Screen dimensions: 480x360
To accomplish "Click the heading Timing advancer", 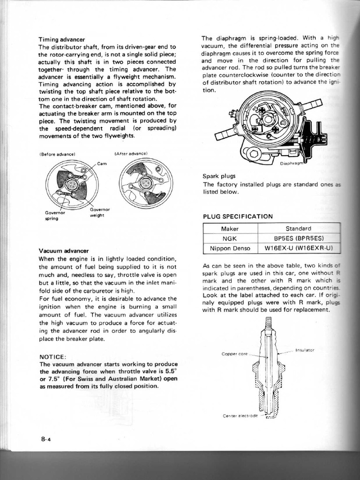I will [62, 39].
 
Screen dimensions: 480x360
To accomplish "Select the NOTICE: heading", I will [53, 357].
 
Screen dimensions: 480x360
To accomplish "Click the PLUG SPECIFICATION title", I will [237, 217].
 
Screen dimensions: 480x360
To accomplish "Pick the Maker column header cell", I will [230, 229].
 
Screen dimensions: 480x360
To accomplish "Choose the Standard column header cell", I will [299, 229].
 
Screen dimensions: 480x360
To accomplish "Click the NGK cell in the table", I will [230, 238].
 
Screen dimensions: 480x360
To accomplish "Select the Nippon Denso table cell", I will [230, 248].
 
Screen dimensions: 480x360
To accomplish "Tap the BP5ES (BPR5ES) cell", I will [299, 238].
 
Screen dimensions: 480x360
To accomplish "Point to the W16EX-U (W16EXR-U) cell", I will [299, 248].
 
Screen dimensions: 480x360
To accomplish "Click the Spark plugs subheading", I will [218, 176].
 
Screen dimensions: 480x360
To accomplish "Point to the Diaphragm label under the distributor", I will [292, 164].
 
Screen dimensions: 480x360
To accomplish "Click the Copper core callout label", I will [234, 354].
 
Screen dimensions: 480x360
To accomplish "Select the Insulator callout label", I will [305, 350].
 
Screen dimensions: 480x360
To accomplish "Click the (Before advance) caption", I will [58, 154].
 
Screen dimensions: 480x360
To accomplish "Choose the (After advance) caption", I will [131, 153].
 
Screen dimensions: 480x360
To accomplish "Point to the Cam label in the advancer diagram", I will [102, 163].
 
